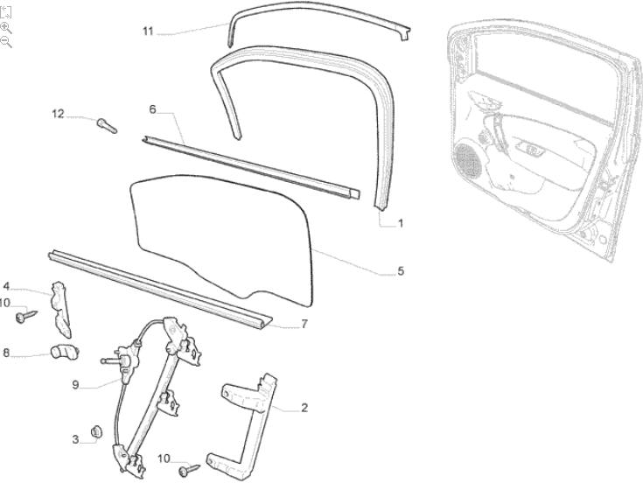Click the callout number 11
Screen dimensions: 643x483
(148, 31)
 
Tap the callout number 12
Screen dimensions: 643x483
(58, 114)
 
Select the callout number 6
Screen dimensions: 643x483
(152, 109)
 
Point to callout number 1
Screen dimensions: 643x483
(401, 223)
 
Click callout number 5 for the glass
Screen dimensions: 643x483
(401, 271)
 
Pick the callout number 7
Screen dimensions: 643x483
(304, 324)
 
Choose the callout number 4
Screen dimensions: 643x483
(6, 286)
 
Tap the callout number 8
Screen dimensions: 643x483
(6, 353)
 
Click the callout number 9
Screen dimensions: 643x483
(75, 385)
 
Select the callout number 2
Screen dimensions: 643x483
(304, 408)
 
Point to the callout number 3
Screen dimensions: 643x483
(75, 439)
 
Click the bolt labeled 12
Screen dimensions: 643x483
(107, 125)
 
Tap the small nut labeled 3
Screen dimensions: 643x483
(96, 431)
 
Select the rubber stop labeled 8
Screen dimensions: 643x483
(65, 352)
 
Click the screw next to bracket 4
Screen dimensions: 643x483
(26, 316)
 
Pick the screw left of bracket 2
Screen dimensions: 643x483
(189, 470)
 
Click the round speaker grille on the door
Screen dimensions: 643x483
(467, 160)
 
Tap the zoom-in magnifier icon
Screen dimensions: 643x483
(6, 28)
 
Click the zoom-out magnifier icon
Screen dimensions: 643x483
(6, 41)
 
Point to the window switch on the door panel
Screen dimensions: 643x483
(530, 149)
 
